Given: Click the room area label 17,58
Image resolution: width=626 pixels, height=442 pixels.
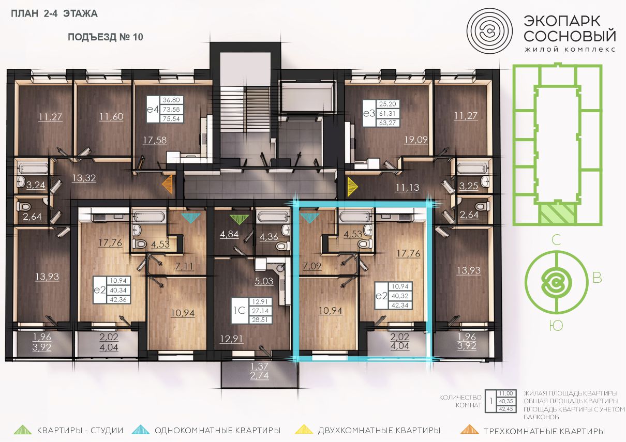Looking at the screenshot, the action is pos(155,140).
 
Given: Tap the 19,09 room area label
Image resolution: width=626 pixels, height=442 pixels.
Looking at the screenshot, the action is pos(416,140).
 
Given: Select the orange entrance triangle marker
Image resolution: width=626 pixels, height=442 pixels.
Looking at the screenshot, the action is pos(168,184).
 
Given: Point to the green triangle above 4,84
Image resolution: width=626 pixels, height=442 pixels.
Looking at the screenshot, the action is pos(239,219).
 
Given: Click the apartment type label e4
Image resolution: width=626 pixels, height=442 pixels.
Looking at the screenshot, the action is pos(153,109).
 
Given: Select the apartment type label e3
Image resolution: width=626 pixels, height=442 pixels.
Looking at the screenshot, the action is pos(369,113).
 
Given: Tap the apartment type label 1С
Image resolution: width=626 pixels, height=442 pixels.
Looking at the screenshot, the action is pos(240,310).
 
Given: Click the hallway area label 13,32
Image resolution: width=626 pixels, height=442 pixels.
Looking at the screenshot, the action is pos(84,178).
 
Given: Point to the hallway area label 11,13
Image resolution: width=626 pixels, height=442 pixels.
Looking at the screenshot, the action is pos(408,187).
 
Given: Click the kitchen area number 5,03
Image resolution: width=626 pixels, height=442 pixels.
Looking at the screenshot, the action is pos(264,281).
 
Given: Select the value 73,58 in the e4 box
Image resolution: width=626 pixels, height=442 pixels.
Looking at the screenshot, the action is pos(171,109).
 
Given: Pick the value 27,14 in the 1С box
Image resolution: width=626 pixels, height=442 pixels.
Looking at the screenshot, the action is pos(260,311).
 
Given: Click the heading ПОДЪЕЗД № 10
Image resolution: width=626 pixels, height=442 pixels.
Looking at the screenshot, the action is pos(106,37).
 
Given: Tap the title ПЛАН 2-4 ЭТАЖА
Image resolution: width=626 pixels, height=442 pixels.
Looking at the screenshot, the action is pos(54,13).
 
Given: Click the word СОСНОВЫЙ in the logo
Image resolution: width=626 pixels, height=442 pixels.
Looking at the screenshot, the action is pos(570,36).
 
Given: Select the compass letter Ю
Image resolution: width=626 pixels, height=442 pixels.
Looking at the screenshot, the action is pos(556,326).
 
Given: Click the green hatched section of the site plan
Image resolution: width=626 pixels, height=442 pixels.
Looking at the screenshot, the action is pos(557,214).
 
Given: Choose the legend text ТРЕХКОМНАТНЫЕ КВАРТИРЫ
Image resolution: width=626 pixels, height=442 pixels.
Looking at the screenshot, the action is pos(544,431).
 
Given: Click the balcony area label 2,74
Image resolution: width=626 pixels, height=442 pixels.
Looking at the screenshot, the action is pos(259,376).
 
